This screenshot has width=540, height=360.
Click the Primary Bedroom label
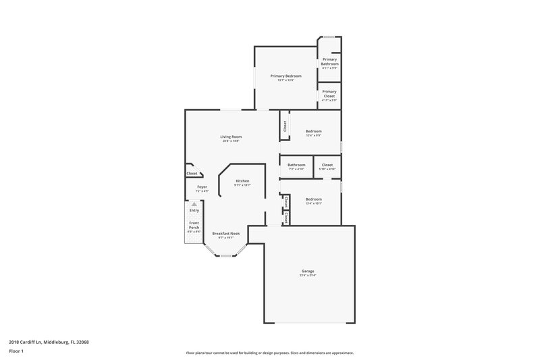286,76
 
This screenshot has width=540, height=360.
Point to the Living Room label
231,136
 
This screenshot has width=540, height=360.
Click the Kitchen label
242,181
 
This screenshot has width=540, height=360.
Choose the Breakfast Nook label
225,233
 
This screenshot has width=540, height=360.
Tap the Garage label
308,271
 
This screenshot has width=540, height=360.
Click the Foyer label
202,186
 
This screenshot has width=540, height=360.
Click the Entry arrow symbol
194,203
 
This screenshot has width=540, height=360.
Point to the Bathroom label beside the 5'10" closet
296,165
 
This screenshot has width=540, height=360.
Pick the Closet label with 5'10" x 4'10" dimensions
327,165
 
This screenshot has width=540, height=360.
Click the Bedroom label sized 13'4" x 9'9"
313,131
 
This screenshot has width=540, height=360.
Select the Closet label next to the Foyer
192,174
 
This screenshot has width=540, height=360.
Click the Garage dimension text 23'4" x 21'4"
308,276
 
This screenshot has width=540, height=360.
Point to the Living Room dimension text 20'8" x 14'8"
231,141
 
